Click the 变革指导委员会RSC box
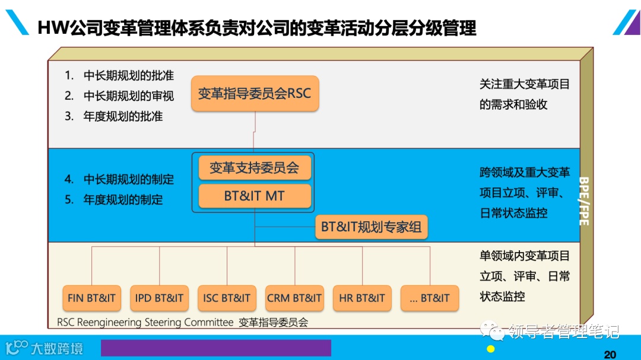(x=255, y=94)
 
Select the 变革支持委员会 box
(x=255, y=168)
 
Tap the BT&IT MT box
(x=255, y=196)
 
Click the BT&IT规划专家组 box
(x=371, y=227)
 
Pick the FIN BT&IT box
(x=91, y=298)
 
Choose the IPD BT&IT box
(x=159, y=298)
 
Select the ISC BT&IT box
(x=227, y=298)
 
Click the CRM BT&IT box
(x=294, y=298)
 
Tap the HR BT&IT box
(x=362, y=298)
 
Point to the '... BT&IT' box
(x=430, y=298)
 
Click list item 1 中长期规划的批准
(x=119, y=76)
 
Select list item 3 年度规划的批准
(x=114, y=116)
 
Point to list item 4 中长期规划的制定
(x=119, y=179)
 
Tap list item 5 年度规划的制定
(x=114, y=200)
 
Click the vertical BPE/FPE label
(x=584, y=201)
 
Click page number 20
(x=610, y=355)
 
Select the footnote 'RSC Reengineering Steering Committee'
(x=145, y=323)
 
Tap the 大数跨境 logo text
(x=57, y=348)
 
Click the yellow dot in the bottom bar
(x=491, y=349)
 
